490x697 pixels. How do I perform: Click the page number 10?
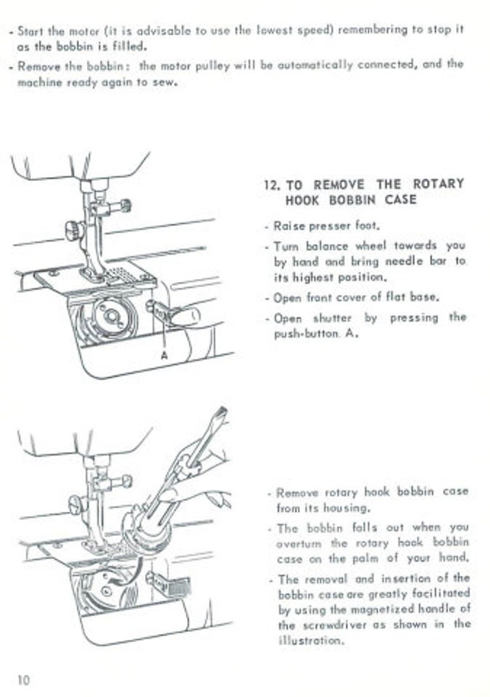pyautogui.click(x=23, y=680)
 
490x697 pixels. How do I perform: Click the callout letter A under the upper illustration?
pyautogui.click(x=164, y=355)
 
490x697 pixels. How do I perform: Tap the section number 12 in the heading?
pyautogui.click(x=271, y=185)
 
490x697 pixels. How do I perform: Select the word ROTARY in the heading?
pyautogui.click(x=438, y=184)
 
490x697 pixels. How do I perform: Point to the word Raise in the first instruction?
pyautogui.click(x=290, y=226)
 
